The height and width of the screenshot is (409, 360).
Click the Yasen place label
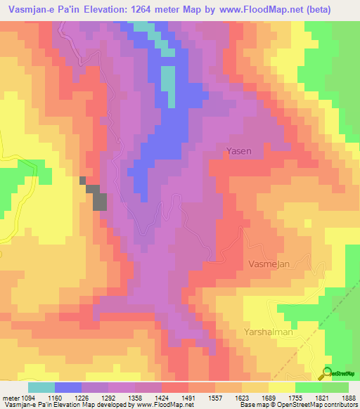point(239,150)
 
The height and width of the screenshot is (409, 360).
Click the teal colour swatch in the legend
point(41,387)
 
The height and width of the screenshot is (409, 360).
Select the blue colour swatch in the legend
point(68,387)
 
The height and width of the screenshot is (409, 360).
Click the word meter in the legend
point(11,397)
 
